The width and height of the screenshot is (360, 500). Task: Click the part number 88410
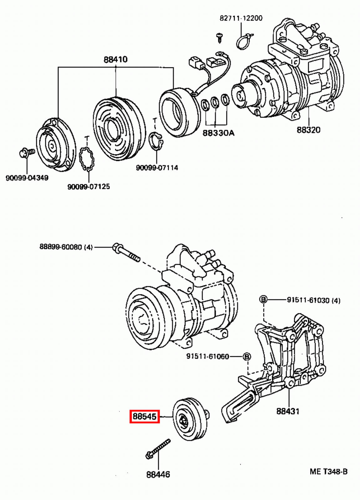[115, 59]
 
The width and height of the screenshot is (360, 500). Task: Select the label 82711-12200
[241, 18]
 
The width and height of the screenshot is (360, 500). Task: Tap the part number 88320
[308, 130]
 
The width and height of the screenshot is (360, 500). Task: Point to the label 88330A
[218, 133]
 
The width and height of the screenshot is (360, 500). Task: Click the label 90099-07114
[157, 168]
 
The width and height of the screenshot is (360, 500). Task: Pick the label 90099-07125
[89, 187]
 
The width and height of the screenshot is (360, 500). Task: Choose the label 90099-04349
[27, 178]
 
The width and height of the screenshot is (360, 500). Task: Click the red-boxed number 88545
[145, 417]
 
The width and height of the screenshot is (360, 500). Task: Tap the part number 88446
[158, 474]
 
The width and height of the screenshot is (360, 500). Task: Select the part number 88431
[288, 411]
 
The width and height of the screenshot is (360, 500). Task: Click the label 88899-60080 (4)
[66, 247]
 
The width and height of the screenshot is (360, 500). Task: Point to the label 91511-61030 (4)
[313, 300]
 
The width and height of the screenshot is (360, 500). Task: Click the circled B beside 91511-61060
[247, 356]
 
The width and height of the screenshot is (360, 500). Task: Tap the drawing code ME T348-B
[328, 472]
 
